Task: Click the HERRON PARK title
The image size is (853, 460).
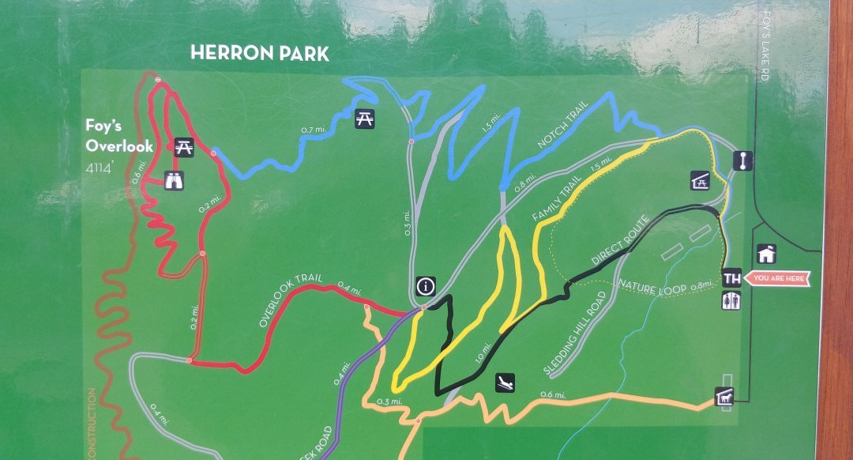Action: click(x=260, y=54)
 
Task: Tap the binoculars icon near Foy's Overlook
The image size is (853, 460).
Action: click(x=175, y=181)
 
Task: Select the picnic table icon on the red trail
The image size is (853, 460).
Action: click(x=184, y=146)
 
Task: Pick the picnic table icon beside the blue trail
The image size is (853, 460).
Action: click(x=365, y=118)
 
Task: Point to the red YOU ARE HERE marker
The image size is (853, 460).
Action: click(x=778, y=278)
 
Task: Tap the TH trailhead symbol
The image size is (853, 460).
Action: click(x=731, y=278)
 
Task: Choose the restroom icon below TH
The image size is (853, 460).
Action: click(x=731, y=300)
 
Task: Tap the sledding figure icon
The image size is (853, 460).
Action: click(x=505, y=383)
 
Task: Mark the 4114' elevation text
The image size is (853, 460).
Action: click(x=100, y=167)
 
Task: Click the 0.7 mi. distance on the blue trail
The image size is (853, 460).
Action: click(x=314, y=130)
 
